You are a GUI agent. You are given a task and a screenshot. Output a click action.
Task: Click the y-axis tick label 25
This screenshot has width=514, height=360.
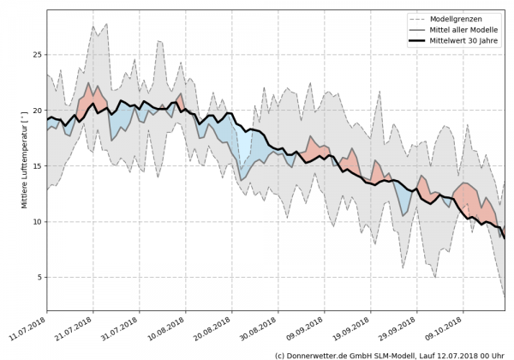tap(36, 55)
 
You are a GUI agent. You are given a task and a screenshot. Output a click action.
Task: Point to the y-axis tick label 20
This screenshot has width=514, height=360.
tap(36, 111)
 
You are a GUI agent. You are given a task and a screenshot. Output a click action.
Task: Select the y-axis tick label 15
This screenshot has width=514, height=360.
tap(36, 166)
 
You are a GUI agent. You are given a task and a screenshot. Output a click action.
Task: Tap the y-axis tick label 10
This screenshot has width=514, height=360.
tap(36, 222)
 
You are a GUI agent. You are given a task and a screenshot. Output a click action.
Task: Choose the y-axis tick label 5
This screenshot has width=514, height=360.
tap(39, 278)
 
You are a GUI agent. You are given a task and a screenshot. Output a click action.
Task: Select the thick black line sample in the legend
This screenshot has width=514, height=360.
tap(420, 41)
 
